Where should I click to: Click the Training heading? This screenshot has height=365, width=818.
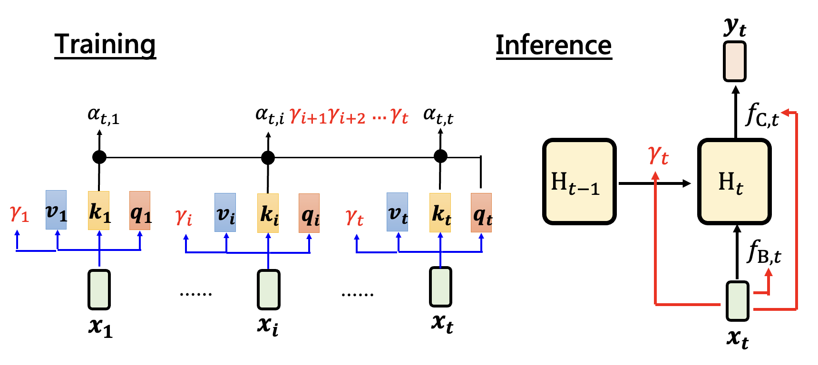105,44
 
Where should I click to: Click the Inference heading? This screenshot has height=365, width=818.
554,46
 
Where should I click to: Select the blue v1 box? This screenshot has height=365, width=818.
56,210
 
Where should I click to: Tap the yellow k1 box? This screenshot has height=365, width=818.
99,211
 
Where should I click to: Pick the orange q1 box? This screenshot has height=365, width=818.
140,211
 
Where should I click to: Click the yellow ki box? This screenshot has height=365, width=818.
268,213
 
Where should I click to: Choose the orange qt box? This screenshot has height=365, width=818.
481,213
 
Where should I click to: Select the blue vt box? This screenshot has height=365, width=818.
397,212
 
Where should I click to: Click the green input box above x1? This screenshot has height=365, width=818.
99,289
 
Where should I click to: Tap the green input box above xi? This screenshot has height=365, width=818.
268,289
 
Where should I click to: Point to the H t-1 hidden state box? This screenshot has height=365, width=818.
579,182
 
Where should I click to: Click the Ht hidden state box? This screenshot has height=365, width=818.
734,182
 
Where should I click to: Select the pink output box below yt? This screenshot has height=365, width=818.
735,62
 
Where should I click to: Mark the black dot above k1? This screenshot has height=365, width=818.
99,157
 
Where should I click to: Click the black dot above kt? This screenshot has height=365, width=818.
440,156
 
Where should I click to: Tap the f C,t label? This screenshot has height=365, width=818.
762,115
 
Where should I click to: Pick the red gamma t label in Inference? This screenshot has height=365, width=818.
659,155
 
